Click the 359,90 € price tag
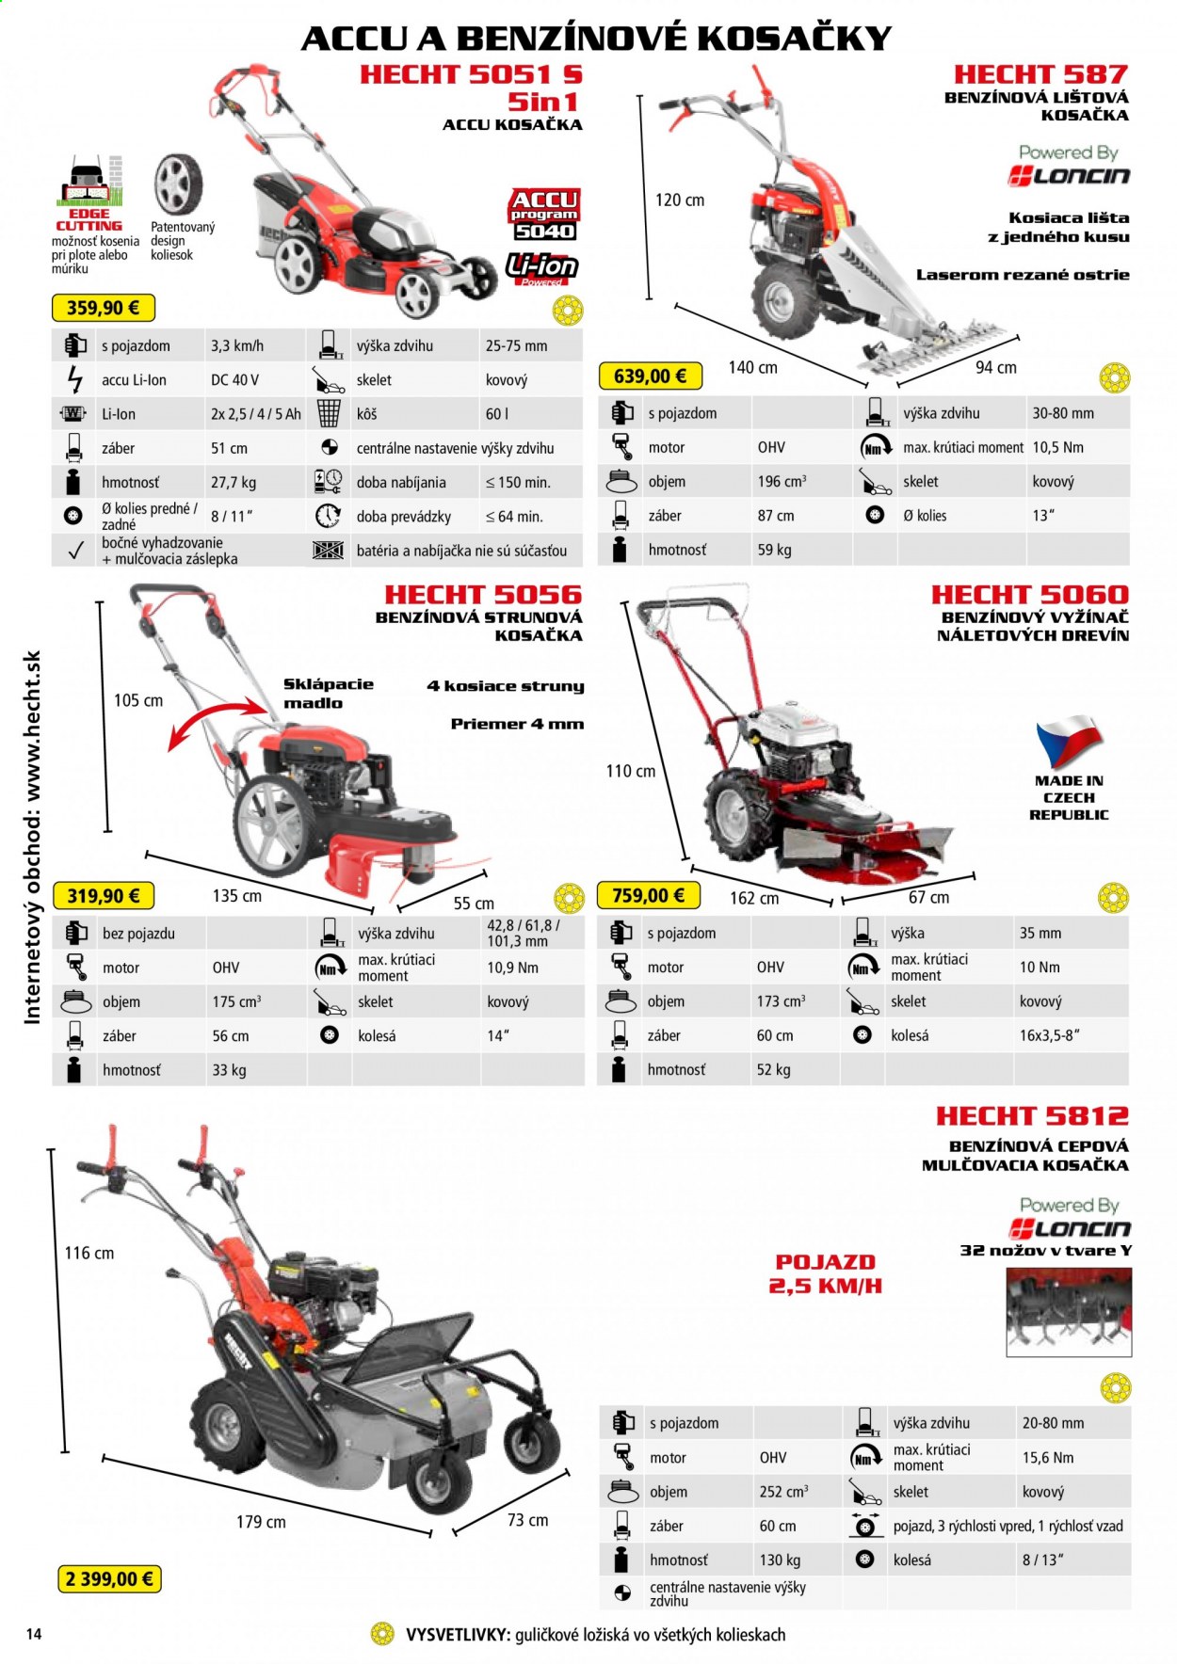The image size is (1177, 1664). [x=103, y=308]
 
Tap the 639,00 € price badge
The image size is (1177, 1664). [x=650, y=376]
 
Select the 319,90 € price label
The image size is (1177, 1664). [x=103, y=896]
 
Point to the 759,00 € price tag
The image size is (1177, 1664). [x=649, y=896]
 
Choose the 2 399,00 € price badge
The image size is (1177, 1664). [x=109, y=1578]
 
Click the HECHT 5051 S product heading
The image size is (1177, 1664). [x=471, y=74]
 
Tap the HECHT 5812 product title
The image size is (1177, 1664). [x=1032, y=1116]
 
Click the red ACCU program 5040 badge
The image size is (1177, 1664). [x=544, y=216]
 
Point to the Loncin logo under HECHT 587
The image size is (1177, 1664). [x=1069, y=176]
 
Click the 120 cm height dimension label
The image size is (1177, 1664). [x=680, y=200]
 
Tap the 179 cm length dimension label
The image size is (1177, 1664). [x=261, y=1522]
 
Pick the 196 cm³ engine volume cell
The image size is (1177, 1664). [x=782, y=482]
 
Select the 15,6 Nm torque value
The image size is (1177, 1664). [x=1048, y=1458]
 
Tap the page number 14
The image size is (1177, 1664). [x=34, y=1634]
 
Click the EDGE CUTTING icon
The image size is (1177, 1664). [x=89, y=195]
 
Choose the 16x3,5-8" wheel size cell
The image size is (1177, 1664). [x=1049, y=1035]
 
